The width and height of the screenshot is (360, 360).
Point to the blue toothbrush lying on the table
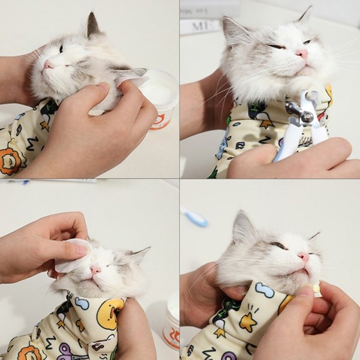(196, 217)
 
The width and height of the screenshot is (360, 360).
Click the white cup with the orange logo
(161, 96)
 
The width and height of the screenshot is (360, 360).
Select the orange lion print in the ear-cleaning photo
(10, 161)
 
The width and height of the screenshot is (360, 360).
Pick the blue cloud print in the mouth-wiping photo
(265, 290)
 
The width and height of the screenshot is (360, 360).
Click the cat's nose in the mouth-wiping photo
(304, 256)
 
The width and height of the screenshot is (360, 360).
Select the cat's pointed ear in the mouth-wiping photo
(242, 224)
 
